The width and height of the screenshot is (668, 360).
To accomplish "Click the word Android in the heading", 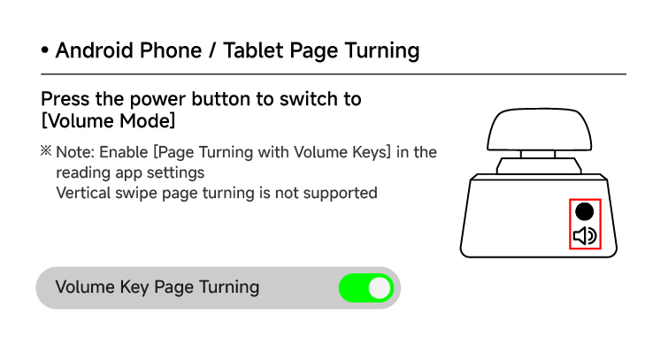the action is tap(94, 50).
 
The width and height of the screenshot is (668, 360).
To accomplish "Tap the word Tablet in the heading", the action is tap(253, 50).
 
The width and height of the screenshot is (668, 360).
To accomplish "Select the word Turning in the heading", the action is tap(382, 51).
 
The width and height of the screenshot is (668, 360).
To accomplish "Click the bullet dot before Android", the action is tap(45, 50).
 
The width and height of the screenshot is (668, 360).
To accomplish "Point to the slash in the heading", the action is tap(211, 50).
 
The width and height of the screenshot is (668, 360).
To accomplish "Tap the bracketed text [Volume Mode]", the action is tap(108, 121).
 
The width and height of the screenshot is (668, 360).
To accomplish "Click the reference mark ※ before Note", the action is tap(46, 151).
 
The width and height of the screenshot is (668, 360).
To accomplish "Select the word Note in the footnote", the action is tap(74, 152).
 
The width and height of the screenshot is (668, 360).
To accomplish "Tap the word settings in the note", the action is tap(175, 173).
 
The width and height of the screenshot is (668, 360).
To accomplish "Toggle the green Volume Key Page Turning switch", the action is tap(366, 288).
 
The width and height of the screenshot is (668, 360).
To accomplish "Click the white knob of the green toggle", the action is tap(380, 288).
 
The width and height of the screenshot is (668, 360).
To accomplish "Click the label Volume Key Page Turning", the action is tap(157, 287).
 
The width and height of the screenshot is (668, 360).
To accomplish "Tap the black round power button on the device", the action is tap(585, 211).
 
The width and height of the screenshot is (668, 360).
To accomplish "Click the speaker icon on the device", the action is tap(585, 235).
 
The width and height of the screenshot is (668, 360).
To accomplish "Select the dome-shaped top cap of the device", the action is tap(540, 129).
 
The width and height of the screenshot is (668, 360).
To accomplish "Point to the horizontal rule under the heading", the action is tap(334, 74).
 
